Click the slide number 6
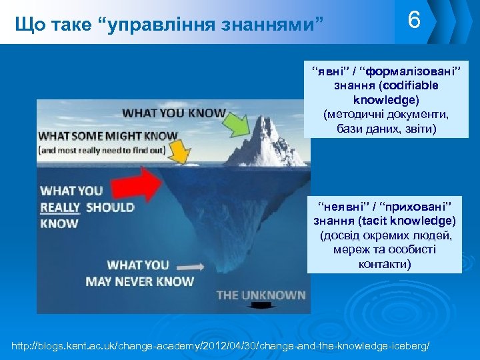click(x=414, y=21)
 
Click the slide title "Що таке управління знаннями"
click(x=169, y=25)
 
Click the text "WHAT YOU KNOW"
click(x=173, y=112)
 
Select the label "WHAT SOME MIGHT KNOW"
click(x=109, y=136)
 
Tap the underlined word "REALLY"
click(x=61, y=207)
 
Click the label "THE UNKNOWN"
click(x=261, y=294)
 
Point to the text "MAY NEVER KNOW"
click(x=139, y=281)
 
